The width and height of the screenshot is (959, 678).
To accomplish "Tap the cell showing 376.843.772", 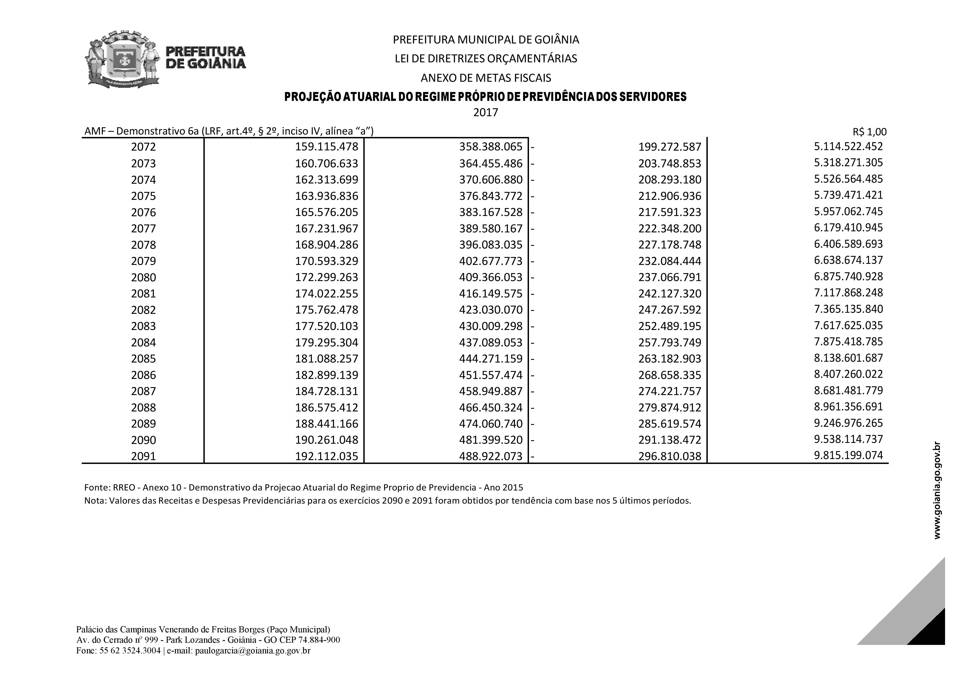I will click(490, 196).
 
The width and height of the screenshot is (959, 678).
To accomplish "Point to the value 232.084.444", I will click(669, 261).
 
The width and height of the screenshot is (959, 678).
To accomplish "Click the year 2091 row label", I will click(143, 456).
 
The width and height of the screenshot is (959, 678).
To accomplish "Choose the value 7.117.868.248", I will click(848, 293).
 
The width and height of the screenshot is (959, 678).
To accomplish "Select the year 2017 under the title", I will click(485, 112).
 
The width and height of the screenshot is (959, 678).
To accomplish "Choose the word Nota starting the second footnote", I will click(95, 501).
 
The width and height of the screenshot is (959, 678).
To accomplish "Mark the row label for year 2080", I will click(143, 277).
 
